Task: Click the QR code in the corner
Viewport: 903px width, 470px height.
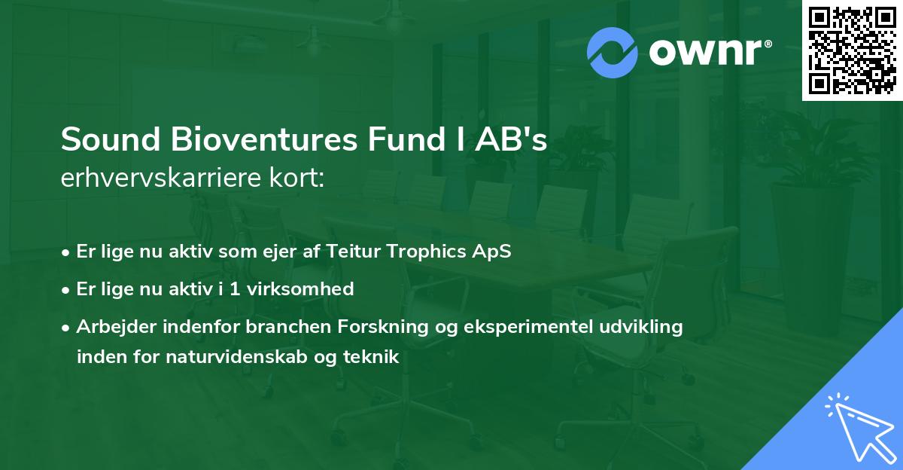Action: pos(852,50)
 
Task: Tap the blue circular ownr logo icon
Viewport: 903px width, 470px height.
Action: pos(613,52)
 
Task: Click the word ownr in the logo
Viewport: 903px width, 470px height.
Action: pos(707,53)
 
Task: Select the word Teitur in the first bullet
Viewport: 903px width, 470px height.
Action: pos(353,252)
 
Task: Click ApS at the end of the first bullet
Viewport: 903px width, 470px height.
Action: pos(494,252)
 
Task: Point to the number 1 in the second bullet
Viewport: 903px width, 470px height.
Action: pos(236,288)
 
